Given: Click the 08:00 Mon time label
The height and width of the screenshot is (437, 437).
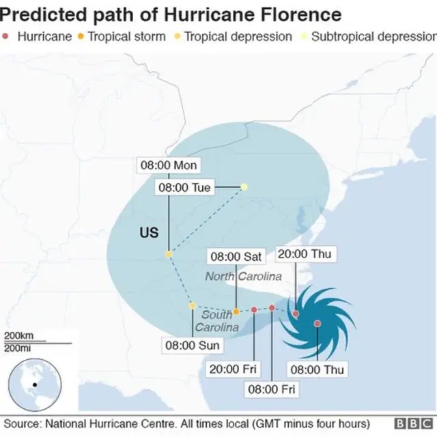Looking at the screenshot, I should coord(169,165).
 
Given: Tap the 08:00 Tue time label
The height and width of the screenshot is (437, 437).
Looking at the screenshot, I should coord(184,187).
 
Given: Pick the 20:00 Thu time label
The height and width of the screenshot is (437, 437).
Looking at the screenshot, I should coord(304,254).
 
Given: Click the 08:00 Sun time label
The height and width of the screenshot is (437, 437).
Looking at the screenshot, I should coord(192,346).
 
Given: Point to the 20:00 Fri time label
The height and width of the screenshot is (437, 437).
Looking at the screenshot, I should coord(234,369).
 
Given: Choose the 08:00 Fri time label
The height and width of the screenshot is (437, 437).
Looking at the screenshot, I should coord(270,389).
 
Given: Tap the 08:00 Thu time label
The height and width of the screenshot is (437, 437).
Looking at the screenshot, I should coord(318,369).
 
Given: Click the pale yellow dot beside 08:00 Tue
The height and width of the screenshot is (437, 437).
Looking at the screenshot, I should coord(244,186).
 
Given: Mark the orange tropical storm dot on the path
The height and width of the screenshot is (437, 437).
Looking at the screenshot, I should coord(236,311).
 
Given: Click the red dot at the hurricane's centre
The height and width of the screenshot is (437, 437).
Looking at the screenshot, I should coord(318,323).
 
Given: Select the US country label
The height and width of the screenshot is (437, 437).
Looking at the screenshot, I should coord(149,233).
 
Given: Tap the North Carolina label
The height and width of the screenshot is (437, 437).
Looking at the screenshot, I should coord(244,277).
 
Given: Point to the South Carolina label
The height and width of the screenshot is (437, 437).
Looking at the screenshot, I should coord(217,321).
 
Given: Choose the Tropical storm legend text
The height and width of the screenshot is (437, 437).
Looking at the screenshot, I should coord(126,36).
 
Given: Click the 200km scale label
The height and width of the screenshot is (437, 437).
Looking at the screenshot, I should coord(18,335).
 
